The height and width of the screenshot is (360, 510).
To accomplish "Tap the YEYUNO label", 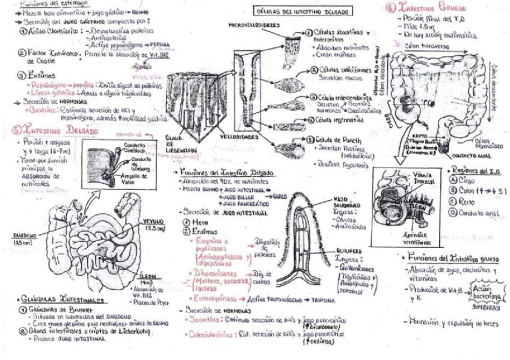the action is [153, 224].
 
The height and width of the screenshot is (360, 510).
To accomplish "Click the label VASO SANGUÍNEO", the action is [345, 201].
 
